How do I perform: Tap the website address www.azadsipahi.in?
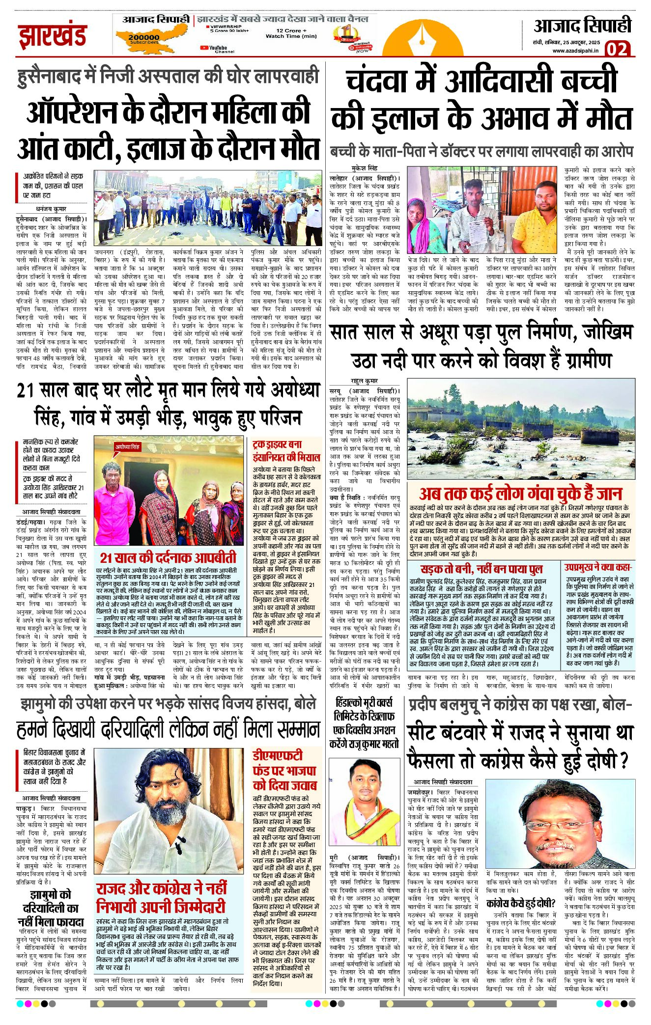[x=575, y=51]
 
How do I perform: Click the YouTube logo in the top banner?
[x=205, y=48]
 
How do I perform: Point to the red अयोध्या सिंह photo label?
[x=128, y=447]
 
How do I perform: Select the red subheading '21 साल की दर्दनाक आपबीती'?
[x=168, y=558]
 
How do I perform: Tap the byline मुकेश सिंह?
[x=364, y=168]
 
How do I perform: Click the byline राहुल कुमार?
[x=364, y=381]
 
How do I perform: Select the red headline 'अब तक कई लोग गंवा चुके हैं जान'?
[x=520, y=493]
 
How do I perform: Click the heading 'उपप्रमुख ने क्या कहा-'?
[x=597, y=567]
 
